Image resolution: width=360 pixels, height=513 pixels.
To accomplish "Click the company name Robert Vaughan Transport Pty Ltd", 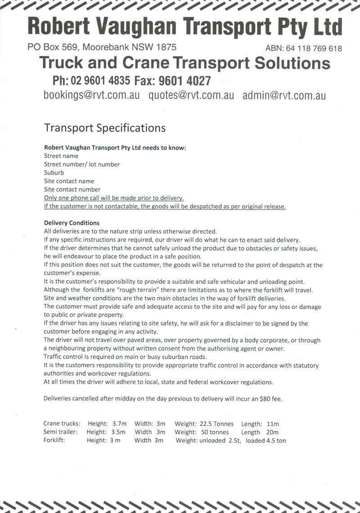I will click(184, 27).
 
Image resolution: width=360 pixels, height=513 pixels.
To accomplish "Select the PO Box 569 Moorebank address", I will click(102, 47).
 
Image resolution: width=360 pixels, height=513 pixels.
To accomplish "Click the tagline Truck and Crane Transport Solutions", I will click(184, 63).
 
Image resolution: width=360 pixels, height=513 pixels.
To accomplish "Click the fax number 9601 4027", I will click(185, 80).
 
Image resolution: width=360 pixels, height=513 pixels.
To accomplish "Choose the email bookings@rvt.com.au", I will click(91, 95).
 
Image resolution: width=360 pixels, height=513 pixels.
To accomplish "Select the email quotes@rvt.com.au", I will click(191, 95).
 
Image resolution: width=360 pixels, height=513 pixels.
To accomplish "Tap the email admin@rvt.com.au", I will click(284, 95).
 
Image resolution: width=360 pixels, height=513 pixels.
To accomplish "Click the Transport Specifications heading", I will click(105, 128).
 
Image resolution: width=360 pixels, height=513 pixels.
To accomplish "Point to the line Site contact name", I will click(69, 181).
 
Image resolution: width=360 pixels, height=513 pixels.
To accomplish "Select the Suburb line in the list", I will click(54, 173).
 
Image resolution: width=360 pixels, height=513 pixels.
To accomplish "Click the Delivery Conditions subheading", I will click(72, 223).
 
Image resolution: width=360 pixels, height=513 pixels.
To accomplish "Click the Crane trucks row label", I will click(62, 424).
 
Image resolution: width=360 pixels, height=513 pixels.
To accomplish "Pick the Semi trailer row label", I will click(60, 432).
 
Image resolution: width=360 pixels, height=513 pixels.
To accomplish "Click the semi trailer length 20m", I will click(272, 432).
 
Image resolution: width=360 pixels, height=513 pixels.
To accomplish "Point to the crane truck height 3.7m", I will click(119, 424).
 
